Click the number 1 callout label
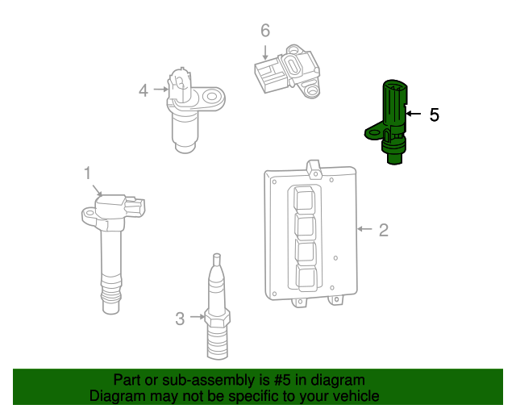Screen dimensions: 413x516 tap(87, 173)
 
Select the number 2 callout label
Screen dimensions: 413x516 tap(383, 230)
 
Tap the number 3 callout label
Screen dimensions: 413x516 tap(180, 319)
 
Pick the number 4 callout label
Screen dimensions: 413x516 tap(144, 90)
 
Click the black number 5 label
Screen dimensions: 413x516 tap(434, 115)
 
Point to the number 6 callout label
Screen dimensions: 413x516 tap(264, 31)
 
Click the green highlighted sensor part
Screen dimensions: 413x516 tap(392, 121)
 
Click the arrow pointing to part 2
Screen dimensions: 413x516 tap(364, 230)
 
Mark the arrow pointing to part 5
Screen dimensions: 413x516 tap(413, 115)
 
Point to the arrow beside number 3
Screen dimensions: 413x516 tap(197, 318)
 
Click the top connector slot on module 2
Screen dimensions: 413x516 tap(306, 199)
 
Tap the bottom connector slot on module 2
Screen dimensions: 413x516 tap(306, 277)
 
